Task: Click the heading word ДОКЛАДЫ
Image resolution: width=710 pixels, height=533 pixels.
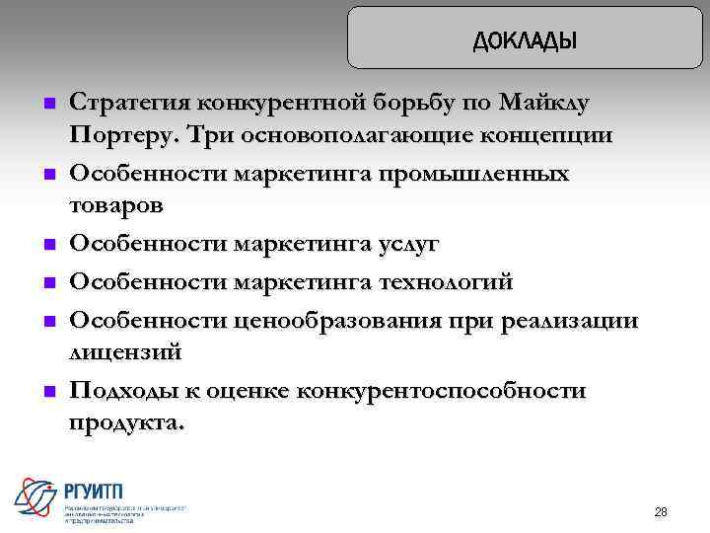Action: [525, 40]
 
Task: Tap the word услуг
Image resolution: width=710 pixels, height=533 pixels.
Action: [401, 243]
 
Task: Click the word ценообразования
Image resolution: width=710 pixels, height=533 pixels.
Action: [334, 321]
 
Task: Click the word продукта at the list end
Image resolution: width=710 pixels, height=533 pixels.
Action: [123, 421]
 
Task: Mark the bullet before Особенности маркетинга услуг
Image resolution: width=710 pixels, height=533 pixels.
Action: [46, 244]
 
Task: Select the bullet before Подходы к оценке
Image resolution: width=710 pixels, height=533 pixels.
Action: [46, 392]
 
